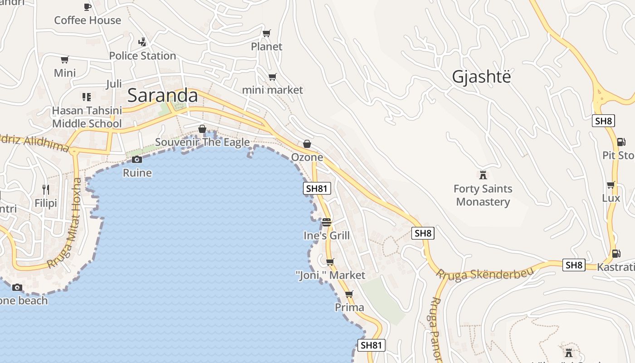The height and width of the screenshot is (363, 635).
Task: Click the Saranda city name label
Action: (162, 96)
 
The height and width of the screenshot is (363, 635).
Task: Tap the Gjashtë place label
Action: (481, 77)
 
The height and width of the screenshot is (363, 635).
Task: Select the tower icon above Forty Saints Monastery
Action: (483, 175)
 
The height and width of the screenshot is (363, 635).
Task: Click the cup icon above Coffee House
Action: (88, 7)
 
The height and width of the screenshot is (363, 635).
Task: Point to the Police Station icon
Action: (142, 42)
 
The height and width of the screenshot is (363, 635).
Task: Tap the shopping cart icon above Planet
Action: (267, 33)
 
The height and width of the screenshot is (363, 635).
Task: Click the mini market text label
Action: (272, 90)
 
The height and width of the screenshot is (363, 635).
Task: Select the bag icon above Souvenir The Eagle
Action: (202, 129)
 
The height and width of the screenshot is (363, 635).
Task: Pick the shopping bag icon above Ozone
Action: (307, 144)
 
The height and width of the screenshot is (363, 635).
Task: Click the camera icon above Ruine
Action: (137, 159)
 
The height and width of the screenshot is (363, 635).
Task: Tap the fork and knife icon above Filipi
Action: (46, 189)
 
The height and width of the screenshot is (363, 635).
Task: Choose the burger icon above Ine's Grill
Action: (327, 222)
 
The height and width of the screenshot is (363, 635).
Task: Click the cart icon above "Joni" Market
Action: (330, 262)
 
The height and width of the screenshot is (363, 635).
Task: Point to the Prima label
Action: (349, 307)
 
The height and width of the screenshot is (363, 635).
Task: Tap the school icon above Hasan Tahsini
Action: (87, 97)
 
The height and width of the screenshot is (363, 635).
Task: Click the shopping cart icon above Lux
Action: (611, 185)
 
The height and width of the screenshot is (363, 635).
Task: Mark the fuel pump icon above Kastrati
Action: (616, 254)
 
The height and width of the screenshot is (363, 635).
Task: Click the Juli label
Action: (114, 84)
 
